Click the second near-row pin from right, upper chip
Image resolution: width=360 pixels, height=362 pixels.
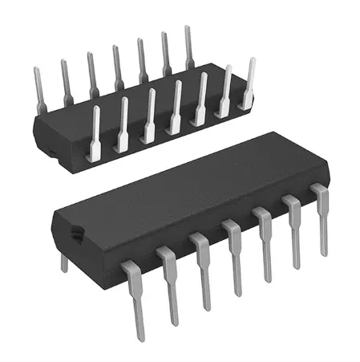(226, 90)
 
